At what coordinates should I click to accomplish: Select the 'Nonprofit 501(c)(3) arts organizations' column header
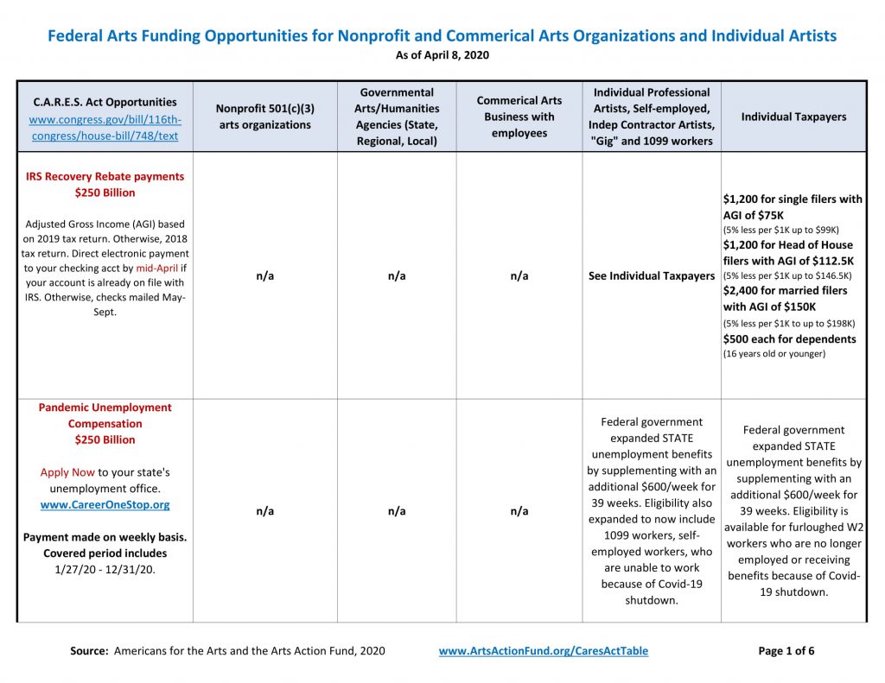tap(264, 117)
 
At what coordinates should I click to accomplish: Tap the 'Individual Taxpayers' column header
tap(793, 117)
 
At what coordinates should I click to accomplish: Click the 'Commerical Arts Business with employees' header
tap(519, 117)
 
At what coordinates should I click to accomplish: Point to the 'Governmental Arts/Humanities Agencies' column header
tap(397, 117)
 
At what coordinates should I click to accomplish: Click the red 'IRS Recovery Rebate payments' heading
tap(105, 176)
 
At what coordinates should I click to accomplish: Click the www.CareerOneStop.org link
tap(105, 504)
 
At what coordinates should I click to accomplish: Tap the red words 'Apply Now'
tap(67, 472)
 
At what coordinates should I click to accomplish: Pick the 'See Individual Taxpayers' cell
tap(651, 275)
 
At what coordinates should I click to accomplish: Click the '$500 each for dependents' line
tap(789, 338)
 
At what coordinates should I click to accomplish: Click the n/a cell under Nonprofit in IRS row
tap(264, 275)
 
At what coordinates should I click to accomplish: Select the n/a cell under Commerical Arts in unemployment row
tap(519, 511)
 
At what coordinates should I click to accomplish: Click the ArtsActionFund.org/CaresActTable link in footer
tap(543, 651)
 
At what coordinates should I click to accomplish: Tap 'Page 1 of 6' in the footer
tap(786, 651)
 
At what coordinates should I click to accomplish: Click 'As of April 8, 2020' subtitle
tap(442, 55)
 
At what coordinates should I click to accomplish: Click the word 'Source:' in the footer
tap(89, 651)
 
